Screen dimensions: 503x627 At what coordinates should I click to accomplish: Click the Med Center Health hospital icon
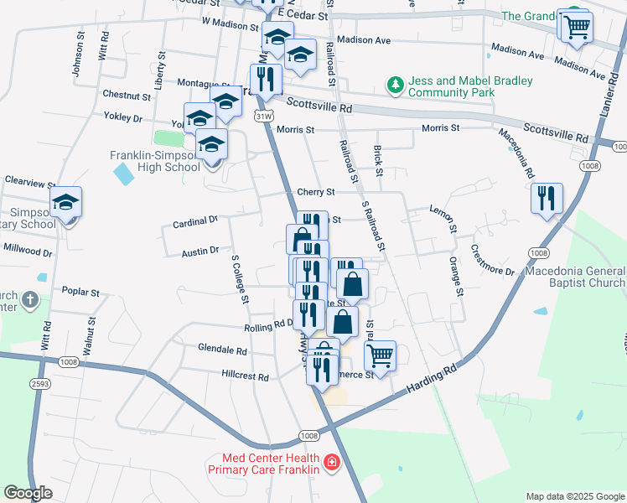332,462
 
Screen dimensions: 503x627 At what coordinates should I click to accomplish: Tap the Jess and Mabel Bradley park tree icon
394,84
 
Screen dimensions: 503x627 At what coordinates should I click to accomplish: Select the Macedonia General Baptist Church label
575,277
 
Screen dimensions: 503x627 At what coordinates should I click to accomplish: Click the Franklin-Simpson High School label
155,161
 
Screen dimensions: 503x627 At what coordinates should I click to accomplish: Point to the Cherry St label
316,192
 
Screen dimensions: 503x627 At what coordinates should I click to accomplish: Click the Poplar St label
81,293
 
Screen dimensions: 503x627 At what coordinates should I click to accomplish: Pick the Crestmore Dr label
493,260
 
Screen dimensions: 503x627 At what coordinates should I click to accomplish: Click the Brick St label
378,160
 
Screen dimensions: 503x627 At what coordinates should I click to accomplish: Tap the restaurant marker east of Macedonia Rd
547,199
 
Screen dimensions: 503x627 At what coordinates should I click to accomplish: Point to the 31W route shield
264,115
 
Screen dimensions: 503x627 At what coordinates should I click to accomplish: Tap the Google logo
28,493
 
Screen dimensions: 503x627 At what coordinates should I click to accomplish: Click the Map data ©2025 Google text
575,496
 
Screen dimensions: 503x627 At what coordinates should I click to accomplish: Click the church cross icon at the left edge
29,299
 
